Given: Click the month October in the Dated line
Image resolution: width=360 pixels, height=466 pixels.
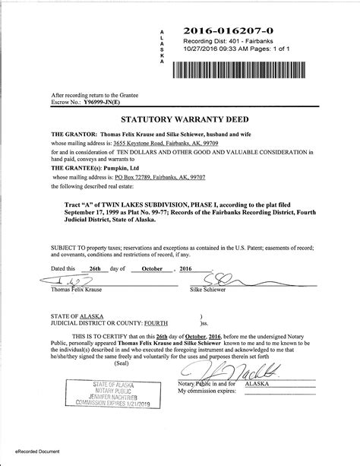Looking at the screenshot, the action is click(x=148, y=268).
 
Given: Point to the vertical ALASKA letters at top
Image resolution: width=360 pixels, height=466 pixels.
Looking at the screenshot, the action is click(x=161, y=46).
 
